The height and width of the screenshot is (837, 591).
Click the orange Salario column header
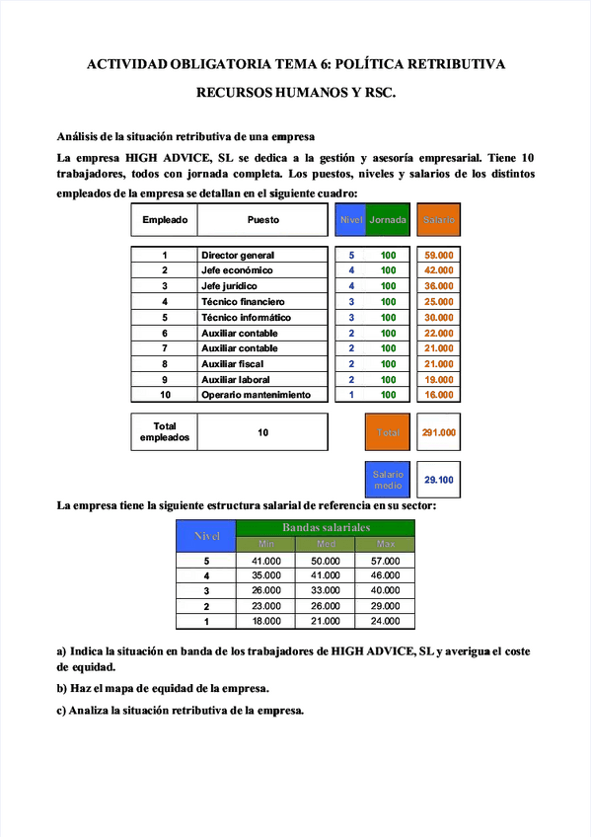(x=439, y=220)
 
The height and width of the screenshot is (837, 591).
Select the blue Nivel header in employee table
(x=351, y=220)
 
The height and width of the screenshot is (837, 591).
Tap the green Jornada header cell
(x=388, y=220)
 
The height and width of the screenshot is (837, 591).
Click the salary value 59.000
(x=439, y=255)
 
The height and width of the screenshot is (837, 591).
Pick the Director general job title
(x=238, y=255)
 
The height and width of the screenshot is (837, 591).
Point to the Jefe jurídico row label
(x=229, y=286)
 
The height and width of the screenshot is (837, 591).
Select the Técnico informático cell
(x=247, y=318)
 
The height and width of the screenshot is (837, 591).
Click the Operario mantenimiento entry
(x=262, y=395)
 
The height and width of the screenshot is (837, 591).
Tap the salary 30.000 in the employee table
(x=439, y=318)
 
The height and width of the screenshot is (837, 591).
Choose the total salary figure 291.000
(x=439, y=432)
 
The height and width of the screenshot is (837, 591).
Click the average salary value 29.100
(x=439, y=480)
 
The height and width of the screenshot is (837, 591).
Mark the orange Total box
(x=388, y=432)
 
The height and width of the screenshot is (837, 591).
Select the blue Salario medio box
(x=388, y=480)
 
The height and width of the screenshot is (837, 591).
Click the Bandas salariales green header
(x=326, y=528)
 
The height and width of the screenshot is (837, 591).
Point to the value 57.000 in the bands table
(x=385, y=561)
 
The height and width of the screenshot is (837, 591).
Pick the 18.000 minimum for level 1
(x=266, y=621)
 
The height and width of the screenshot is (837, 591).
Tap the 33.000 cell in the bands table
(x=326, y=590)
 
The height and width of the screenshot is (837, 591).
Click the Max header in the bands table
(x=385, y=544)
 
